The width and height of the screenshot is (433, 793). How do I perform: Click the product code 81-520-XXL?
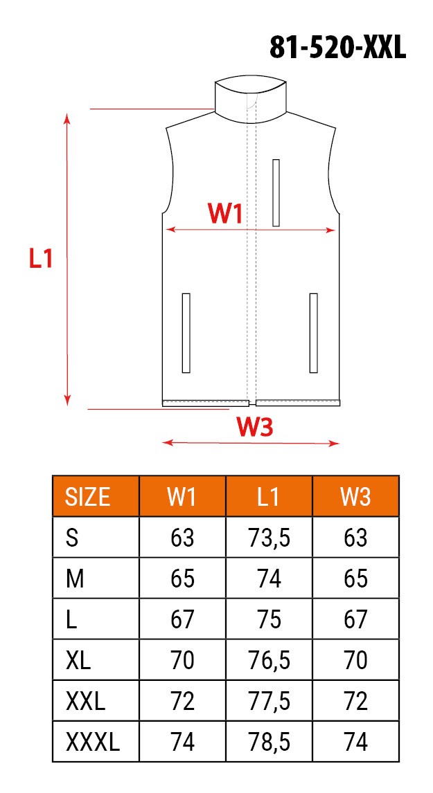tap(338, 48)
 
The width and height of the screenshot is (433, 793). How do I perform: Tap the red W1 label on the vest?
tap(225, 213)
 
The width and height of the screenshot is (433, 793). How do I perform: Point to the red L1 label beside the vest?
tap(41, 258)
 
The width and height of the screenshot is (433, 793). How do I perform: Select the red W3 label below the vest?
tap(255, 428)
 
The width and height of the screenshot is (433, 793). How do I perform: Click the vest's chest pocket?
tap(276, 192)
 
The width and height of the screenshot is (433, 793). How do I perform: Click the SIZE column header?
tap(87, 497)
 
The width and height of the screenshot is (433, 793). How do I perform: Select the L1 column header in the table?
tap(268, 497)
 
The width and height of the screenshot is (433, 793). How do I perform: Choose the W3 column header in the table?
tap(355, 497)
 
